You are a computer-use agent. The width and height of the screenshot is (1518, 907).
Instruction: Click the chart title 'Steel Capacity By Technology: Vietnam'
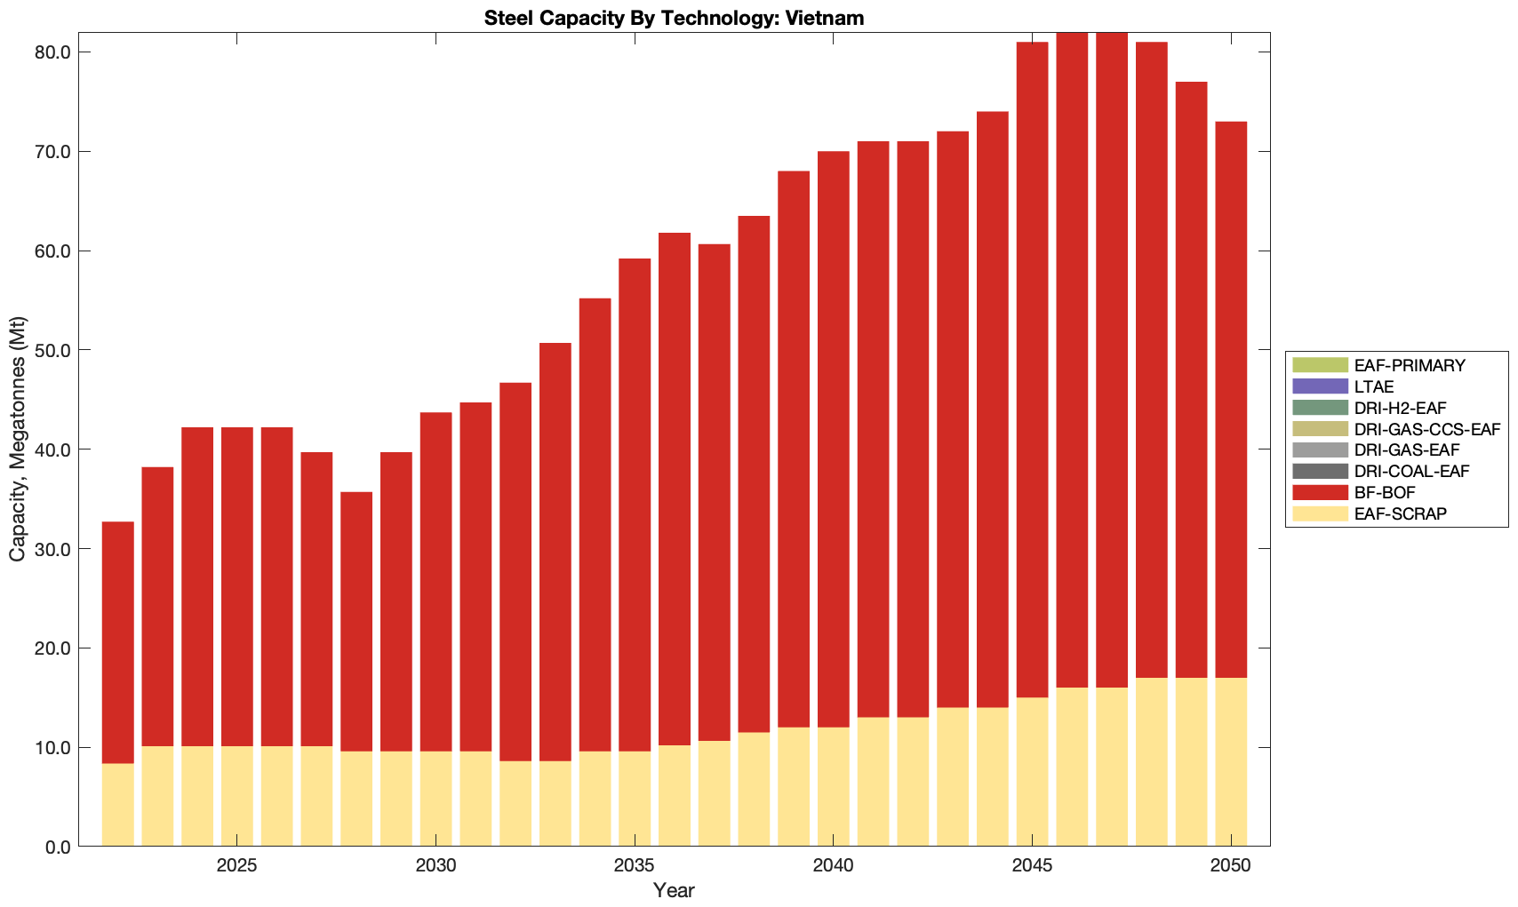point(674,18)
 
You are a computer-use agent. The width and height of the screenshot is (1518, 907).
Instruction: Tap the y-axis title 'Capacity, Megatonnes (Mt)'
point(18,439)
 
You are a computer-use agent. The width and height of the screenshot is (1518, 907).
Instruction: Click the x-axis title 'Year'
point(674,890)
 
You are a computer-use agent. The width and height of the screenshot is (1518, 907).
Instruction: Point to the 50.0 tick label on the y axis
point(52,350)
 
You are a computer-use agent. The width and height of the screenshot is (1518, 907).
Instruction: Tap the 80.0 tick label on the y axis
point(52,52)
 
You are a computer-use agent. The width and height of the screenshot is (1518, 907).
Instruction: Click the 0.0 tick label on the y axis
point(57,847)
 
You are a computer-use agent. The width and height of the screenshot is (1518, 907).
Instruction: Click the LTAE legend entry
point(1374,386)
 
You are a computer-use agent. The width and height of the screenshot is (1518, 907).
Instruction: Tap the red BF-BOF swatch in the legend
point(1320,492)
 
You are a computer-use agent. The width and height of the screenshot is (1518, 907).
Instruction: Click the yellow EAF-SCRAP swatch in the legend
point(1320,513)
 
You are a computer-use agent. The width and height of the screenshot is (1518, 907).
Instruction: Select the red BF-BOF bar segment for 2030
point(435,582)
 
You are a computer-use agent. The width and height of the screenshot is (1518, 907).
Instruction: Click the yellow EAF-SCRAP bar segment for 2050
point(1231,762)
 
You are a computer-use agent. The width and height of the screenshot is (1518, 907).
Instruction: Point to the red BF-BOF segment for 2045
point(1032,370)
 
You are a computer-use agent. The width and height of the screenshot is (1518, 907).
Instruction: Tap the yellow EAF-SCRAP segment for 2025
point(236,796)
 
